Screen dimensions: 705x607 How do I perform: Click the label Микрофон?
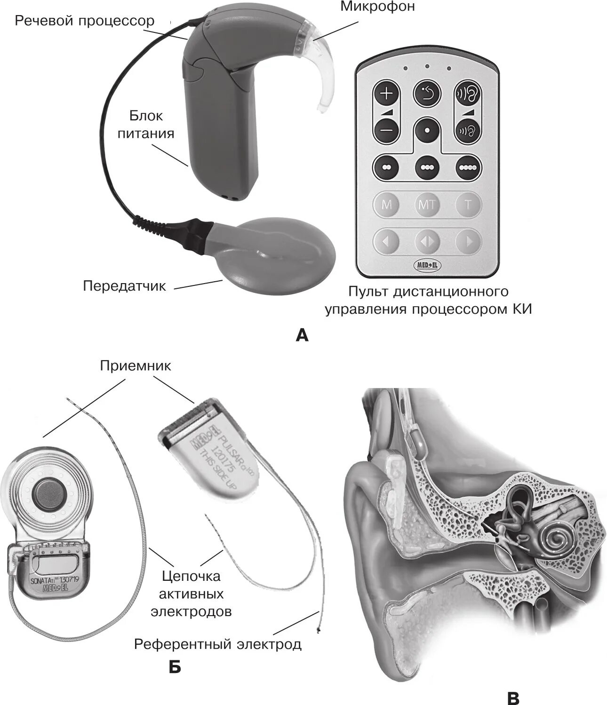377,7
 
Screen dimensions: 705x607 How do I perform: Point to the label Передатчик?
125,286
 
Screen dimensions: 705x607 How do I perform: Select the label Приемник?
136,366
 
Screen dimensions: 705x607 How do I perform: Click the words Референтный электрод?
218,644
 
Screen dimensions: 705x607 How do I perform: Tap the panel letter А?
303,335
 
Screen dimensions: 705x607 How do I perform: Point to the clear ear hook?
325,75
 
